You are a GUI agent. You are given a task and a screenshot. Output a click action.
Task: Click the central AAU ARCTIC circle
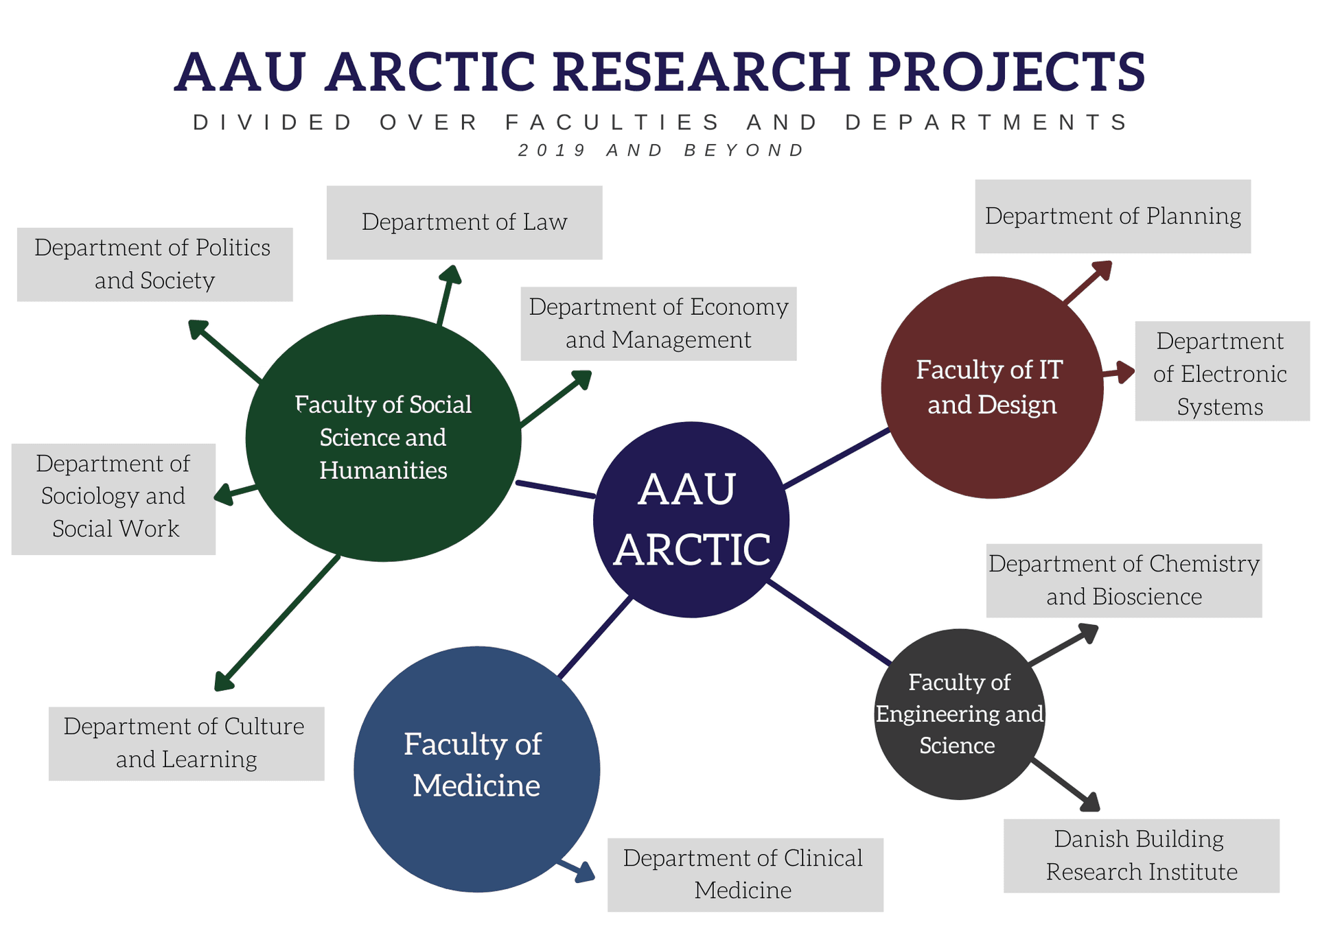pyautogui.click(x=691, y=519)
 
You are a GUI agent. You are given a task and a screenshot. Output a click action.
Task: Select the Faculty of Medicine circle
pyautogui.click(x=476, y=768)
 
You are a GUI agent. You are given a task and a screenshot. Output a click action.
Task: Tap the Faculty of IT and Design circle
pyautogui.click(x=991, y=387)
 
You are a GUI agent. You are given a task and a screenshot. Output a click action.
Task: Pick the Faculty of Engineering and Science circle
pyautogui.click(x=959, y=714)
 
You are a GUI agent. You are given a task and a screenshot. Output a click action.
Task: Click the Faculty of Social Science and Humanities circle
pyautogui.click(x=383, y=438)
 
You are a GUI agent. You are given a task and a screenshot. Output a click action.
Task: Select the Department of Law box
pyautogui.click(x=464, y=222)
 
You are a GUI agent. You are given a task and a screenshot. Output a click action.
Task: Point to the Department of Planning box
pyautogui.click(x=1112, y=216)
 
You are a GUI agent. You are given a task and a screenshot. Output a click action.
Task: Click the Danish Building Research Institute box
pyautogui.click(x=1141, y=856)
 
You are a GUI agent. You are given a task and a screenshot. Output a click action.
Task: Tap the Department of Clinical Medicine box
pyautogui.click(x=745, y=874)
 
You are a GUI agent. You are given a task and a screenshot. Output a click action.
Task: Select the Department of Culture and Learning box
pyautogui.click(x=186, y=743)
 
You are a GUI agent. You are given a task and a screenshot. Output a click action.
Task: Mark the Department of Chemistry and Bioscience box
pyautogui.click(x=1124, y=580)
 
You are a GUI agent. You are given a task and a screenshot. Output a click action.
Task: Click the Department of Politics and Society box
pyautogui.click(x=154, y=264)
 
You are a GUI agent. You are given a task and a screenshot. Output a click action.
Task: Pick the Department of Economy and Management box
pyautogui.click(x=658, y=323)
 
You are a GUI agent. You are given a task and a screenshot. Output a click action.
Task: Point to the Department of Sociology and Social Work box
pyautogui.click(x=113, y=498)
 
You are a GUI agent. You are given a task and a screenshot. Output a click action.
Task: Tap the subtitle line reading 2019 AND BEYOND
pyautogui.click(x=660, y=150)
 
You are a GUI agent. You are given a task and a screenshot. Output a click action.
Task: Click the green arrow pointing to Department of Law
pyautogui.click(x=446, y=296)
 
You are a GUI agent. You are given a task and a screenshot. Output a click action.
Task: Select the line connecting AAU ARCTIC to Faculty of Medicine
pyautogui.click(x=594, y=637)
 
